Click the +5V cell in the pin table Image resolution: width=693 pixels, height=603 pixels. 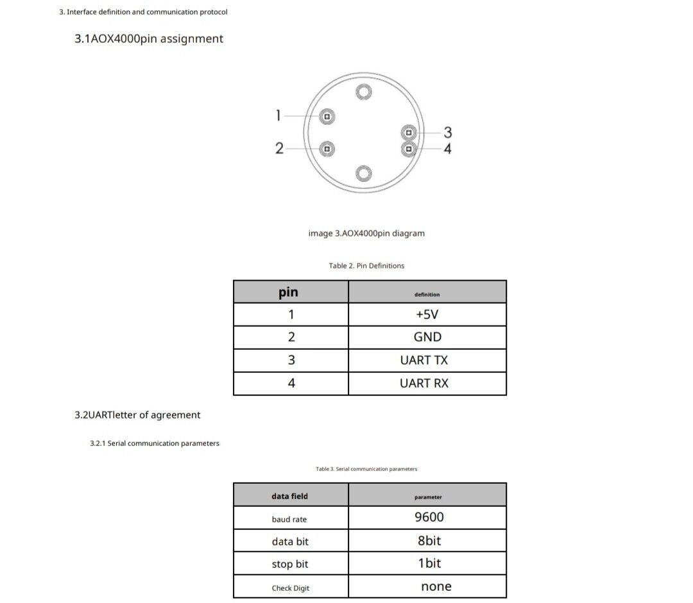tap(427, 315)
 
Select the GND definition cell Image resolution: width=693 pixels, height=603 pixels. tap(427, 337)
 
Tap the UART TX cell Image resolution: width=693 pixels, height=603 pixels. tap(424, 360)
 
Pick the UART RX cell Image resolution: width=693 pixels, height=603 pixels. tap(424, 383)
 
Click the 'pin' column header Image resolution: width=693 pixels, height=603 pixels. tap(288, 292)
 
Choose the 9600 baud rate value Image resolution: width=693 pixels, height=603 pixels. tap(429, 517)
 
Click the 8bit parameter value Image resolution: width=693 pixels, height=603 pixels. tap(429, 540)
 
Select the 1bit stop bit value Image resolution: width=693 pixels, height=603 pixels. tap(429, 563)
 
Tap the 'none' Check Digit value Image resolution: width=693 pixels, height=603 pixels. tap(436, 586)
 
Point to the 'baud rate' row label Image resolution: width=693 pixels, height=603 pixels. tap(289, 519)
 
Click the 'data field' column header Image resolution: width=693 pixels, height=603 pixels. tap(289, 496)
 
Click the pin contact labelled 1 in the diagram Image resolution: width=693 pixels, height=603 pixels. tap(327, 117)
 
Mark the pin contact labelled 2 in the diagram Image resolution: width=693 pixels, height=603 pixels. tap(327, 149)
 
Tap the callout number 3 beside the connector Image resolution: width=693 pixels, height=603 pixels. tap(448, 133)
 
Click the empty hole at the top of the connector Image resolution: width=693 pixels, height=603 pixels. tap(364, 92)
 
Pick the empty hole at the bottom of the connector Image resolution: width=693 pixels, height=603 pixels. tap(364, 173)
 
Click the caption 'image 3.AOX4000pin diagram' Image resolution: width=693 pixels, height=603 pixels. tap(366, 233)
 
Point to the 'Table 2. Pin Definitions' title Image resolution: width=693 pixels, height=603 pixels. tap(366, 266)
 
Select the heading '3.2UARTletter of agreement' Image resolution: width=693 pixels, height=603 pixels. tap(137, 415)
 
